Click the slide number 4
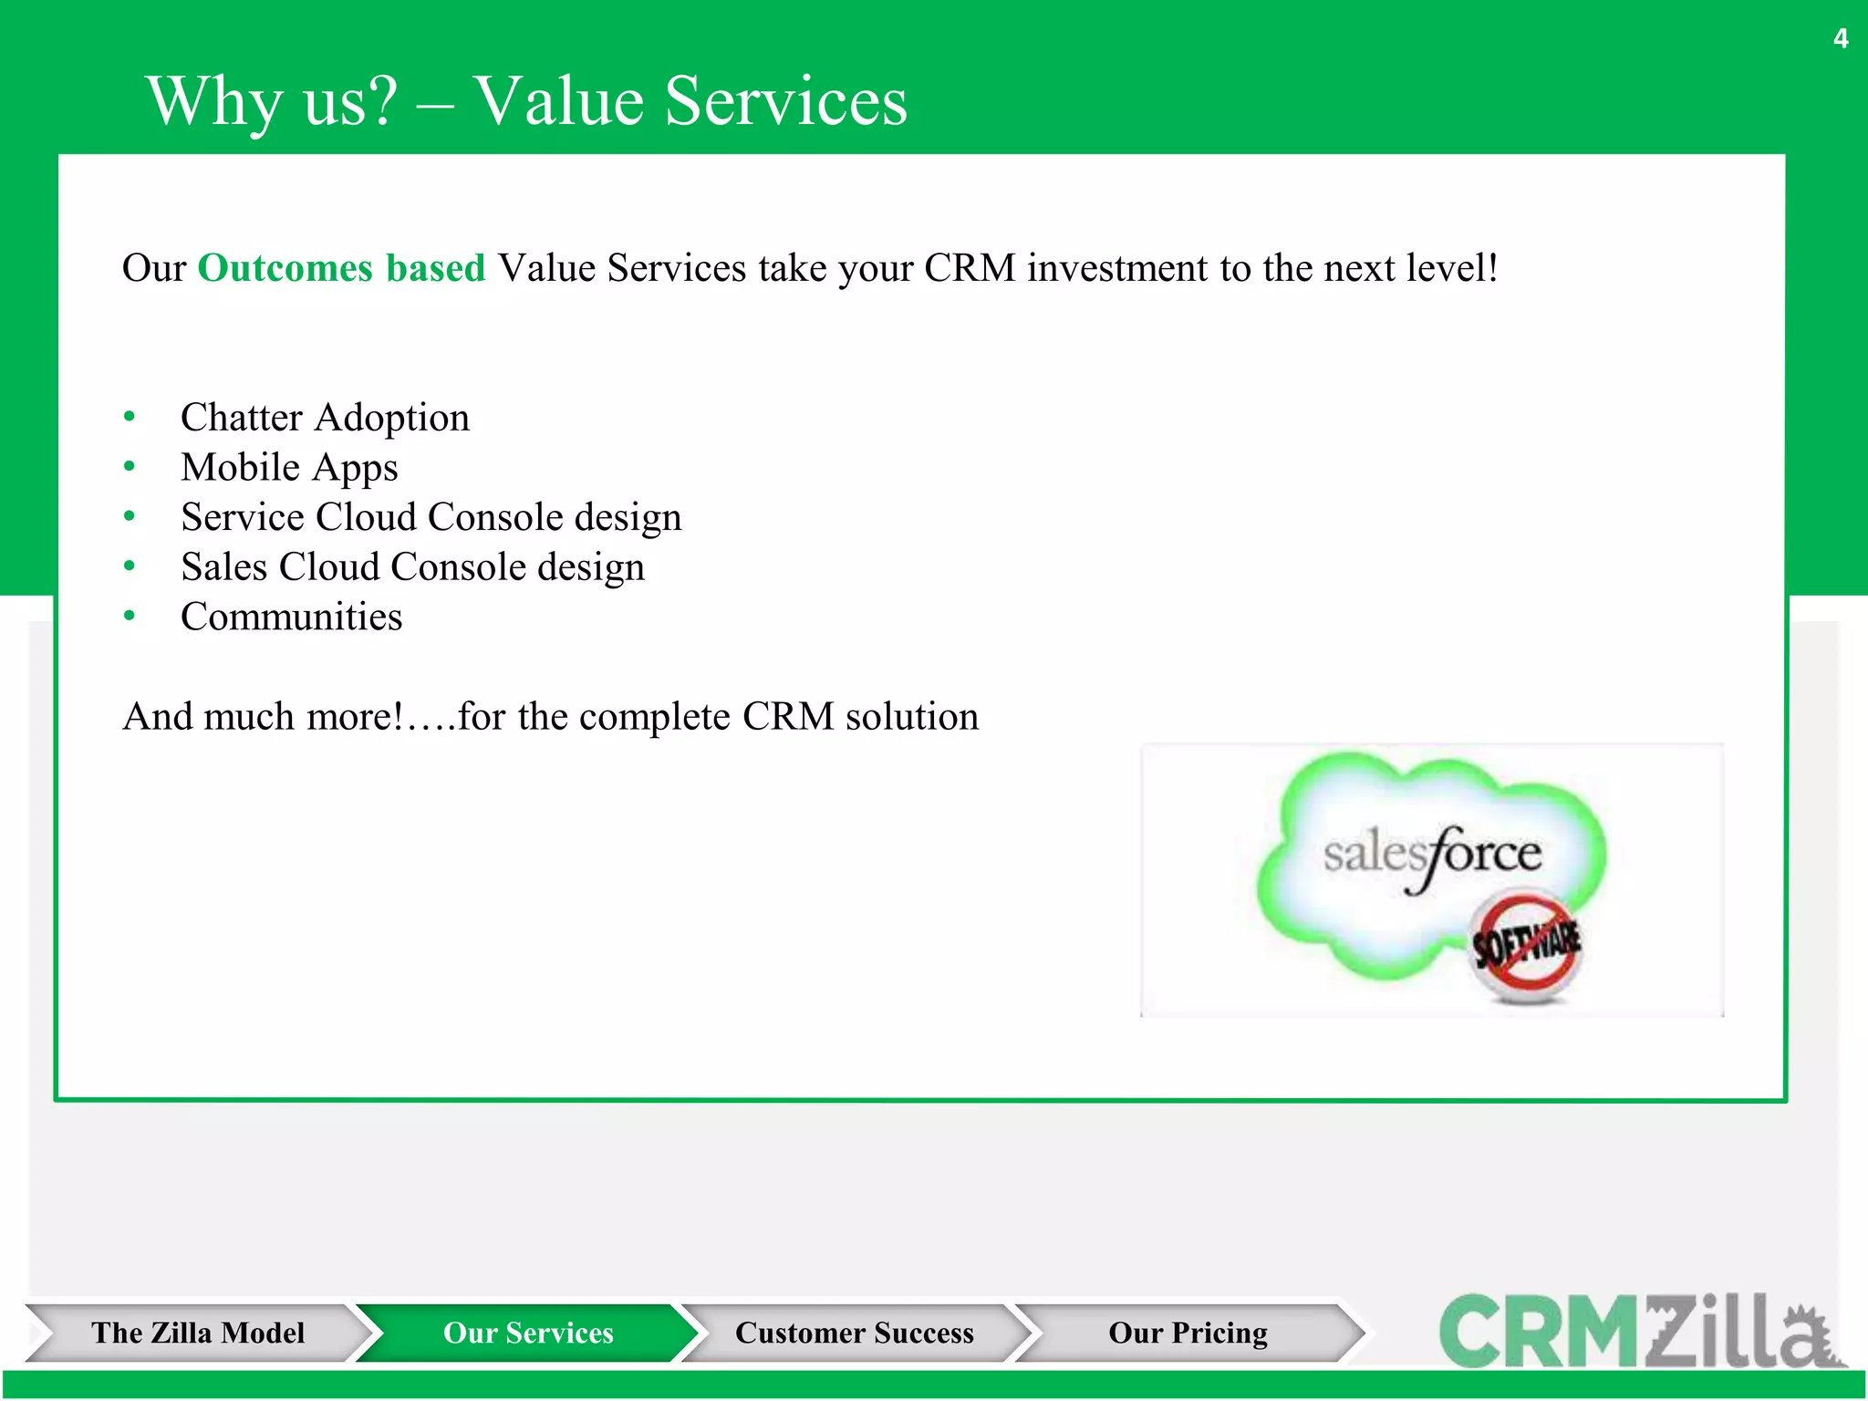(1841, 38)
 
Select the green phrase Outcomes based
(341, 268)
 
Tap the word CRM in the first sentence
(970, 268)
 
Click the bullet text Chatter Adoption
(325, 418)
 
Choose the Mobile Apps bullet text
(289, 468)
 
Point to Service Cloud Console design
(431, 517)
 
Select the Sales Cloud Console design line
(412, 567)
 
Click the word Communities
(291, 617)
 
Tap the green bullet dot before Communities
(130, 617)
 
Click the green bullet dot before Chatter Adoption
(130, 417)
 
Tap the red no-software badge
(1526, 946)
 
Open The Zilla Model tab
(197, 1333)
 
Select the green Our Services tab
(528, 1333)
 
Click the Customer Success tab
(854, 1333)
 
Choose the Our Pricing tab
(1188, 1333)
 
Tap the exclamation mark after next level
(1493, 268)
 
